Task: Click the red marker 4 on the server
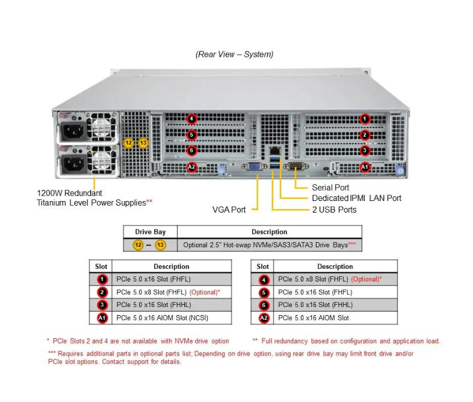192,119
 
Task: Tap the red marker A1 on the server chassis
364,167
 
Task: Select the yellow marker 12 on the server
129,142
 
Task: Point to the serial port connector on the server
296,167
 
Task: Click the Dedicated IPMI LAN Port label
356,198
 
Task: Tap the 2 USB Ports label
334,210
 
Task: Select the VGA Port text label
229,210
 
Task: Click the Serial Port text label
330,187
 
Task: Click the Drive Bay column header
150,232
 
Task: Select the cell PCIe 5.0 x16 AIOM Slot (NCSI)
162,317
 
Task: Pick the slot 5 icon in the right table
264,293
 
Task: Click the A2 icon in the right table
264,317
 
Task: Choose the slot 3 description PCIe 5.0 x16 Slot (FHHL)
154,305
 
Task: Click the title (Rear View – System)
234,54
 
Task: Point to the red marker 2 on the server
364,135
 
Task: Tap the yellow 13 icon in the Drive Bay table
160,245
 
